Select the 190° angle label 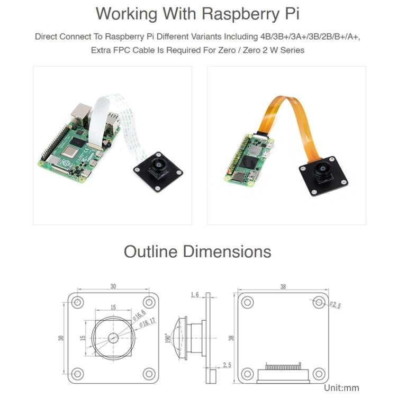coord(167,338)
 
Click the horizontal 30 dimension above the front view coord(113,286)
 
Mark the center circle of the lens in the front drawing coord(113,338)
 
